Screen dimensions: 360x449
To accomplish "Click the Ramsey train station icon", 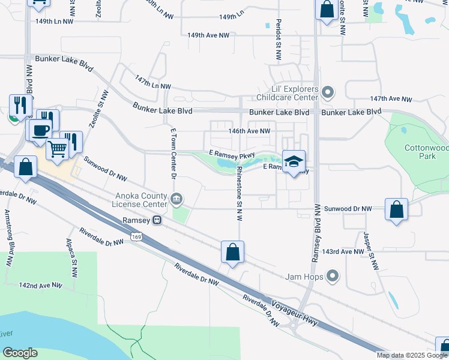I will point(157,220).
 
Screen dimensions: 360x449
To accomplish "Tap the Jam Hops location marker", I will point(330,277).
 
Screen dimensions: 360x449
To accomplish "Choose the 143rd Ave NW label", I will point(343,252).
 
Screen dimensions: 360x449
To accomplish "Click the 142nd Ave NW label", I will point(41,286).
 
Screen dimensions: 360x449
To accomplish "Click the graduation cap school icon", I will point(294,161).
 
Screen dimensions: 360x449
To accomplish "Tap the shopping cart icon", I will point(58,147).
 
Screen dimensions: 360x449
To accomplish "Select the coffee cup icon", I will point(41,130).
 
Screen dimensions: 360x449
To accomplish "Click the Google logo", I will point(20,353).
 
